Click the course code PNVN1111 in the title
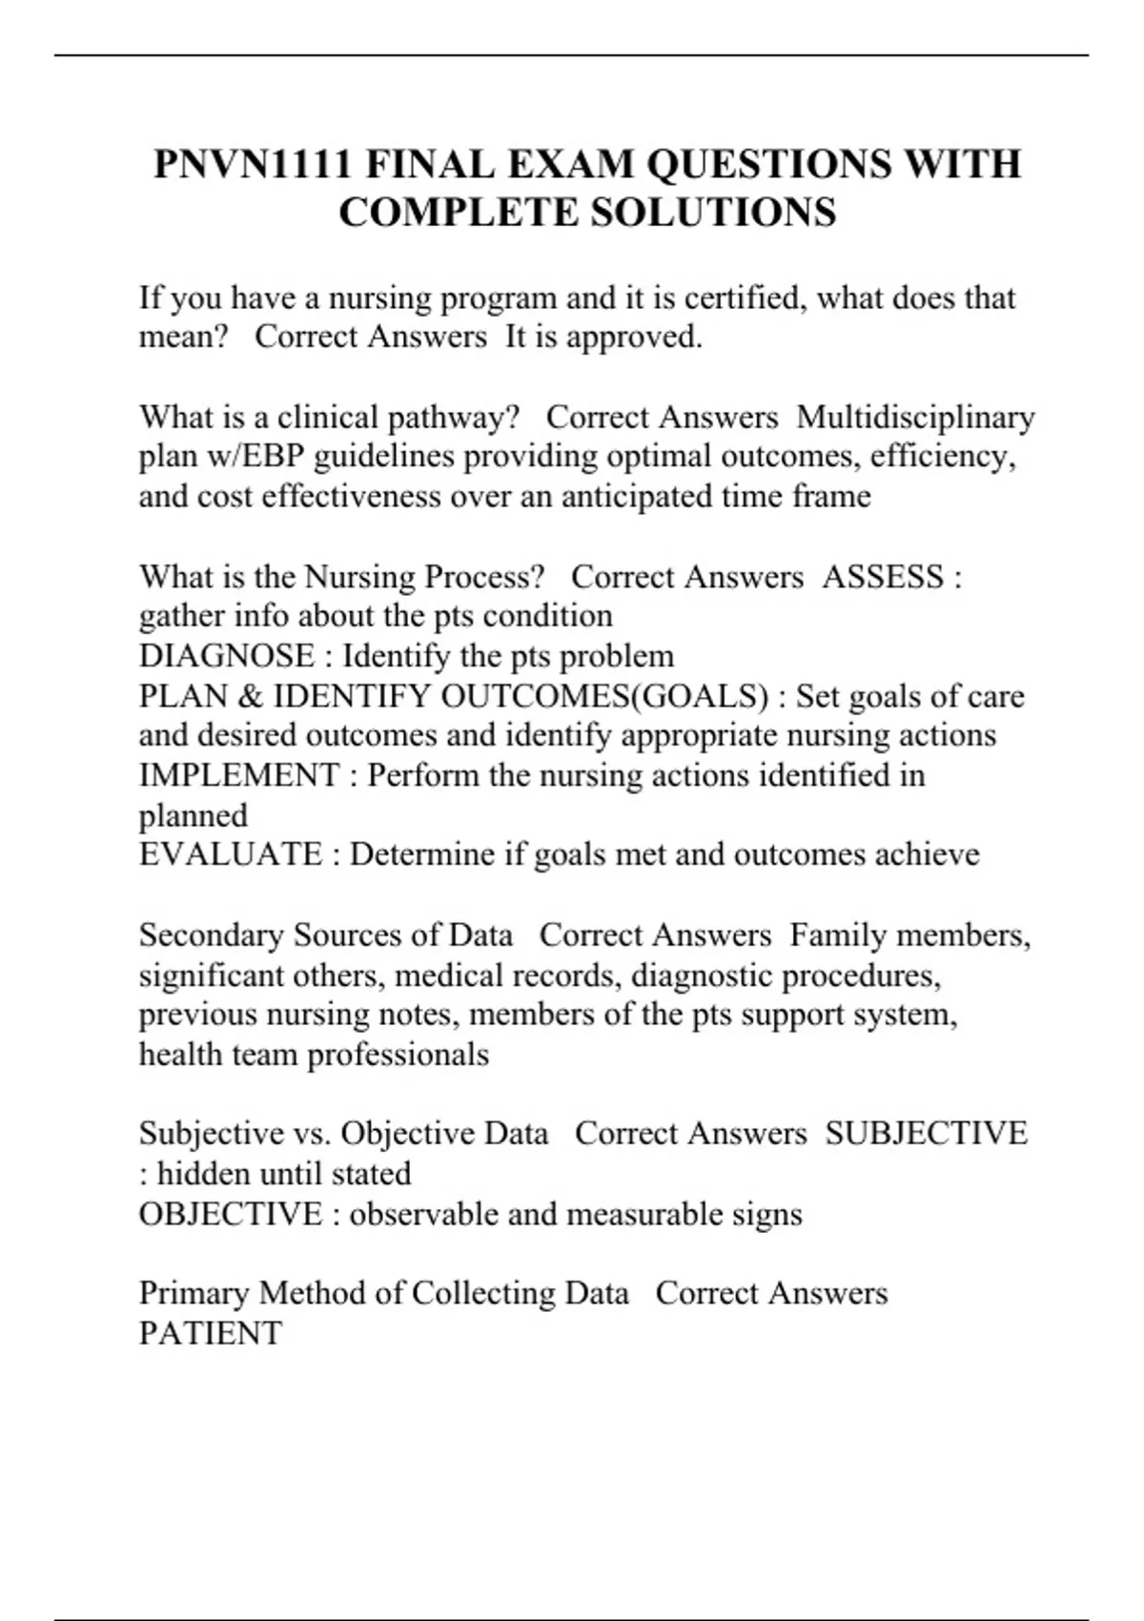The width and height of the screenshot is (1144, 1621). (x=251, y=165)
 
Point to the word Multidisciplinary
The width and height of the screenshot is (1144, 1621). (x=915, y=418)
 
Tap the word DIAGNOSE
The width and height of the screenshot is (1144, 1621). (x=227, y=656)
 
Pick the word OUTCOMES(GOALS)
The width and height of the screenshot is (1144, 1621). (x=604, y=696)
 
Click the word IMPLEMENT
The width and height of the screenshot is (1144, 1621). (x=238, y=775)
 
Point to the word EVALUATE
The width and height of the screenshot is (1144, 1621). (x=231, y=854)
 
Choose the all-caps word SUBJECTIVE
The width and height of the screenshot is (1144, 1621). (x=926, y=1134)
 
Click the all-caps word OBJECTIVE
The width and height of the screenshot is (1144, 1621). (x=231, y=1214)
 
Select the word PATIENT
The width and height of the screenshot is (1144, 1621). (x=211, y=1333)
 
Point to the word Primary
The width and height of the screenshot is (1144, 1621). (x=194, y=1293)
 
